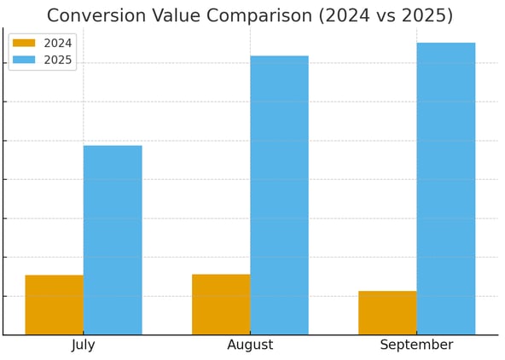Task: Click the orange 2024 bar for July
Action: coord(54,305)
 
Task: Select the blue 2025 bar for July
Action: coord(113,240)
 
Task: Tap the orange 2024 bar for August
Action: coord(221,305)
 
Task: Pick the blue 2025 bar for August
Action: coord(279,195)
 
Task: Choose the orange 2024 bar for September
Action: coord(387,313)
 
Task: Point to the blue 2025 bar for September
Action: coord(446,189)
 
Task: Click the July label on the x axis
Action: coord(84,345)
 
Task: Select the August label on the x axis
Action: coord(250,345)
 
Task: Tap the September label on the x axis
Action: coord(416,345)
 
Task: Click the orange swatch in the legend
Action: coord(24,44)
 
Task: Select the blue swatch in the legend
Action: coord(24,61)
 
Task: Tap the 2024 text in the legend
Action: coord(57,44)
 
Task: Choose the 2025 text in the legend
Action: coord(57,61)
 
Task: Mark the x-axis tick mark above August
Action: coord(250,337)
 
